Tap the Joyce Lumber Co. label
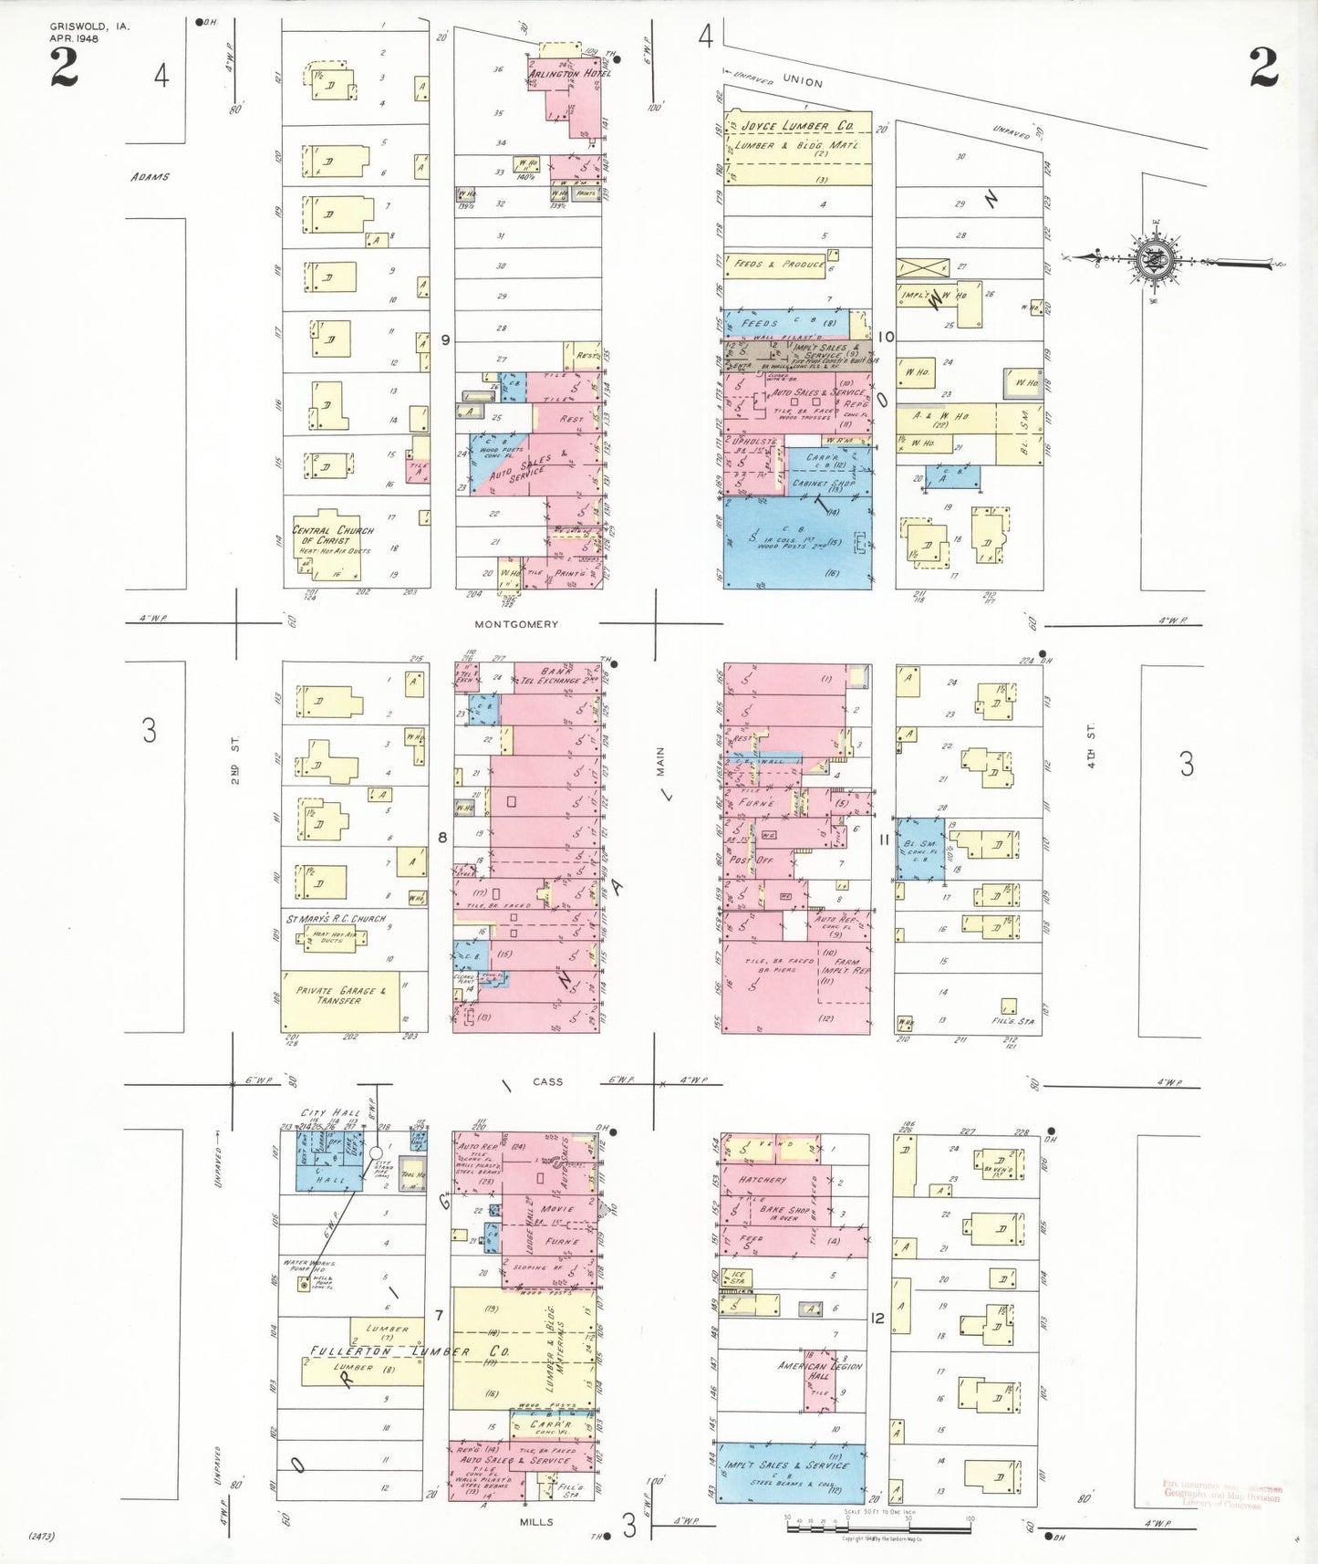[x=797, y=126]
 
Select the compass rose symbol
[x=1157, y=261]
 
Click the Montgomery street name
[x=515, y=624]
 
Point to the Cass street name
[x=547, y=1082]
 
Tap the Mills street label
[x=536, y=1522]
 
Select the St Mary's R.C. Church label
[x=336, y=919]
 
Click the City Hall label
[x=330, y=1113]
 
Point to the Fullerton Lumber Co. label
[x=403, y=1350]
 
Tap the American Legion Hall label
[x=819, y=1370]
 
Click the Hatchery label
[x=763, y=1180]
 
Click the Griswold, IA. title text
[x=89, y=26]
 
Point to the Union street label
[x=802, y=81]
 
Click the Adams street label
[x=150, y=177]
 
